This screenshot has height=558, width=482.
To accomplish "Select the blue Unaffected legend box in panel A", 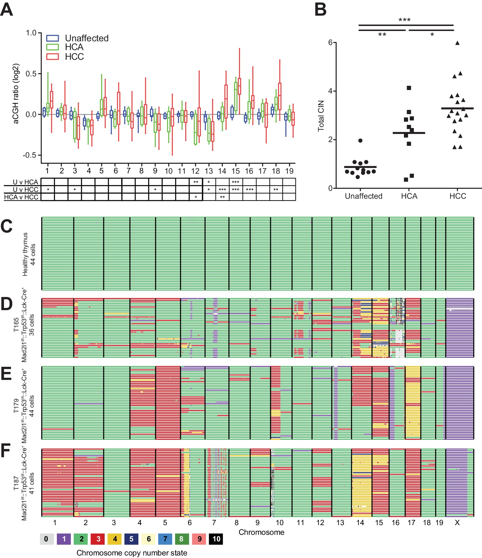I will (x=52, y=38).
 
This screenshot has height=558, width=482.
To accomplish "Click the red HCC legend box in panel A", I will (x=52, y=57).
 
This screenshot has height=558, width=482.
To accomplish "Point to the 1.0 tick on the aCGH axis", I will (x=31, y=33).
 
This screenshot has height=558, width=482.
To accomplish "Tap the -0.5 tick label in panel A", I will (x=30, y=155).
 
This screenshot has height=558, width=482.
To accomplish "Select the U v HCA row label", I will (x=25, y=182).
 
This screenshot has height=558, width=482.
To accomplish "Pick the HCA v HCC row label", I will (x=21, y=197).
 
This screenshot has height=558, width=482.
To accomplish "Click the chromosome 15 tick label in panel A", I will (x=236, y=171).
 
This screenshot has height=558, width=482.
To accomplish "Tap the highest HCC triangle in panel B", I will (x=457, y=43).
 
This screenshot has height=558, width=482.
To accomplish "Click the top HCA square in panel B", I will (x=409, y=88).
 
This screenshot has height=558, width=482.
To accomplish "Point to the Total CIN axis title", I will (x=321, y=116).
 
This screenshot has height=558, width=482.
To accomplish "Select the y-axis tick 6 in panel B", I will (x=330, y=42).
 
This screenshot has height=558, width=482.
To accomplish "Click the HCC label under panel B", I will (x=458, y=196).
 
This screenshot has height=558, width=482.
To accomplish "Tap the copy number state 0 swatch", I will (x=46, y=539).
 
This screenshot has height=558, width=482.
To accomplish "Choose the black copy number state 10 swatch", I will (x=216, y=539).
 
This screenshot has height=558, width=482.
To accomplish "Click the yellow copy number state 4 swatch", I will (x=115, y=539).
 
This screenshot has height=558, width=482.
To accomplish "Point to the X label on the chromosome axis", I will (x=457, y=523).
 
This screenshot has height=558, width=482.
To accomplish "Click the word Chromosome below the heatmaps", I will (x=261, y=532).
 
